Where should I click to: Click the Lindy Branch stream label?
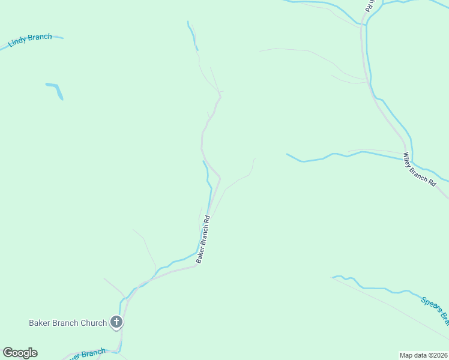(30, 40)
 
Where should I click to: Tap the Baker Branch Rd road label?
(203, 239)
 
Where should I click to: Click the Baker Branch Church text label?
(68, 323)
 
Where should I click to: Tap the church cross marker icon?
(117, 323)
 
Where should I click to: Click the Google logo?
(20, 353)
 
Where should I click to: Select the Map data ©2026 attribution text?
(423, 355)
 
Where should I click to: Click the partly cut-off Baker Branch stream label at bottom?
(87, 354)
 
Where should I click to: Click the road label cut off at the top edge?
(372, 5)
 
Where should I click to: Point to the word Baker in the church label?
(40, 323)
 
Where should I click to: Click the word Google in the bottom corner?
(20, 353)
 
